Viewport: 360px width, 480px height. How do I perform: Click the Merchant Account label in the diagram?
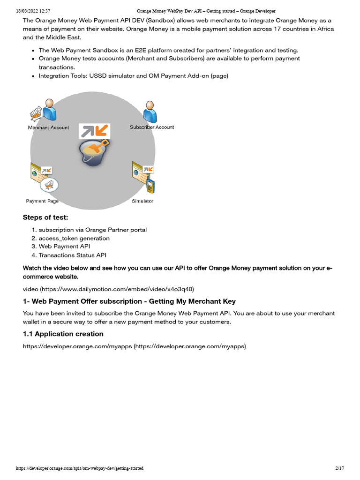point(48,127)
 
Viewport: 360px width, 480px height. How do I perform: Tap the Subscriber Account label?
point(152,127)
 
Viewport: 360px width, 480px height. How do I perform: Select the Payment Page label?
point(42,201)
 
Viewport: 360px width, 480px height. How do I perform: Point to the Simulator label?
point(142,201)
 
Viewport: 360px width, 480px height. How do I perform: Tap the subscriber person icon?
point(150,112)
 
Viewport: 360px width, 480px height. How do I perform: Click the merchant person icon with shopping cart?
point(45,111)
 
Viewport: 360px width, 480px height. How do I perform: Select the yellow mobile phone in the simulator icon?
point(150,186)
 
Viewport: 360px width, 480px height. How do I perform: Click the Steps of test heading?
point(45,217)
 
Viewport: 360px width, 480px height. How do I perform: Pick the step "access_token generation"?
point(74,238)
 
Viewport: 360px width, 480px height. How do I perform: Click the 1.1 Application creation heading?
point(63,334)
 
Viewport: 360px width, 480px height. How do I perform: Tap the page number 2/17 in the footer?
point(340,468)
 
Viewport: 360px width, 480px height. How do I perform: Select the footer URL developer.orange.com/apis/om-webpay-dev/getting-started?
point(80,468)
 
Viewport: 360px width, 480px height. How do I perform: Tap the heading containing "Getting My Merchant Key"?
point(129,301)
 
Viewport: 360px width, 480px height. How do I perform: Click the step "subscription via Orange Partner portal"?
point(92,230)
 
